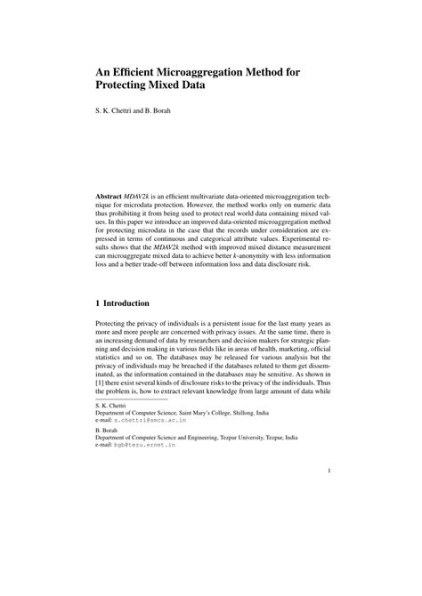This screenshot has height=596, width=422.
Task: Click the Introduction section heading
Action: click(133, 303)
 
